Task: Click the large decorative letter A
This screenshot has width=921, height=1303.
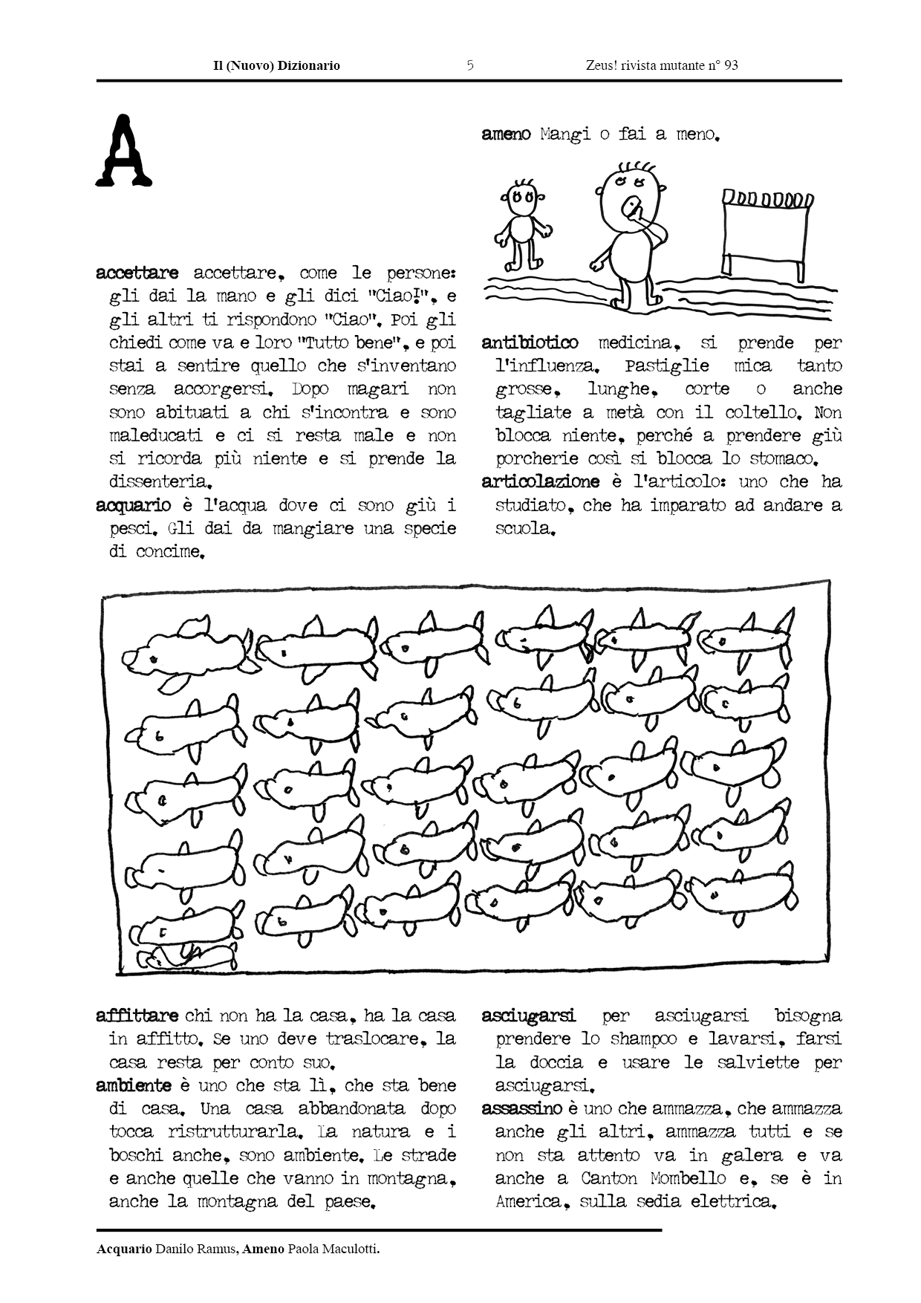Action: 123,151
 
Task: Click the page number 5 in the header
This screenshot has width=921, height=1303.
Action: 470,65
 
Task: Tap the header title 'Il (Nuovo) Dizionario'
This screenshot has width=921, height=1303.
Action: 276,65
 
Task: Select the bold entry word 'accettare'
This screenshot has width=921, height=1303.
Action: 137,273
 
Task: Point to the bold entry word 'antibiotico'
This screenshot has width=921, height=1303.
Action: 530,342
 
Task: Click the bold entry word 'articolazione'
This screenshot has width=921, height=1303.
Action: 540,481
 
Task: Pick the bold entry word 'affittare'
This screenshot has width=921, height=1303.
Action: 137,1016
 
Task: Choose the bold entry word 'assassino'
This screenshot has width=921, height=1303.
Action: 521,1108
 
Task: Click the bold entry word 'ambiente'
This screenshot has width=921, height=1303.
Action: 134,1085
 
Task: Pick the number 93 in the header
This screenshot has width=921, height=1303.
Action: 731,65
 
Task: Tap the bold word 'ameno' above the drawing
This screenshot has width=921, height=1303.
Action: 506,134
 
